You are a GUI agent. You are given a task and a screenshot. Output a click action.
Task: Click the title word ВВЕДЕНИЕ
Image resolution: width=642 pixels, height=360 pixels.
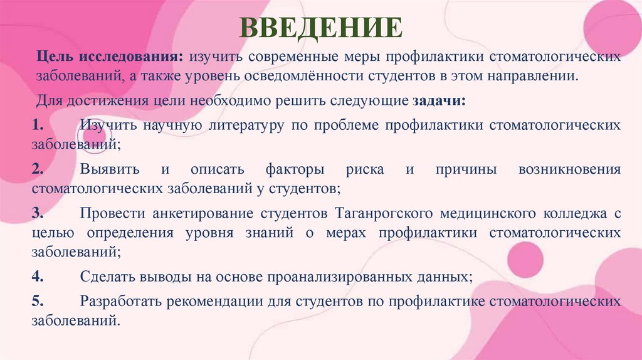point(321,28)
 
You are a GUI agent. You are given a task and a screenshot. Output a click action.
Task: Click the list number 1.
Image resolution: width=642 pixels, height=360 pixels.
point(38,125)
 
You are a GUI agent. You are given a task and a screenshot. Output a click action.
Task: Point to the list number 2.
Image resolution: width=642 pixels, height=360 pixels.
point(38,169)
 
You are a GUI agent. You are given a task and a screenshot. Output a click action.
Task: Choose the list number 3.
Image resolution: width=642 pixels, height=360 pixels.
point(38,214)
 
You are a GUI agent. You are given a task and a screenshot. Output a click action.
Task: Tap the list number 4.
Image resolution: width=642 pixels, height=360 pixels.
point(38,276)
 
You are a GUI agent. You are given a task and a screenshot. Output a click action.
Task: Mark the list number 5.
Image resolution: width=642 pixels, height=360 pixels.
point(38,301)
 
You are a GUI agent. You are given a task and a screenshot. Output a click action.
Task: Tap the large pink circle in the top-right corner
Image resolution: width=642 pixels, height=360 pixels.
point(611,28)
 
